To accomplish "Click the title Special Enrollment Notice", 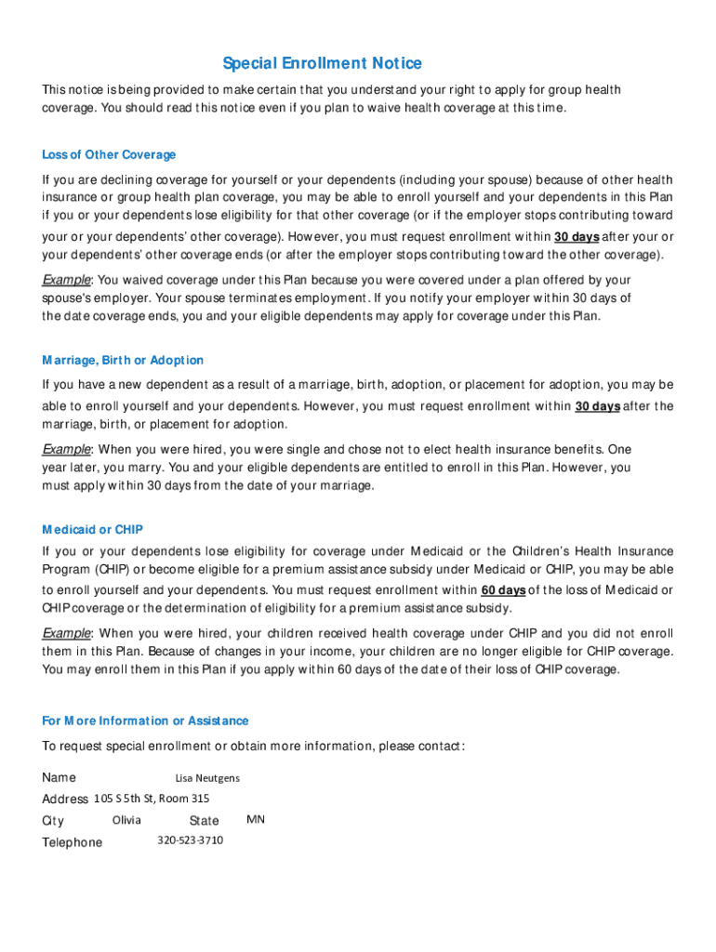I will pyautogui.click(x=322, y=63).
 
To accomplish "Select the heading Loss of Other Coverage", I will pyautogui.click(x=109, y=154).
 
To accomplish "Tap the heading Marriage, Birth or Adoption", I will pyautogui.click(x=123, y=360).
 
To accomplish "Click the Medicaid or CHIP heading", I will pyautogui.click(x=92, y=529).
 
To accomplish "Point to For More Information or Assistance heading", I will pyautogui.click(x=145, y=721).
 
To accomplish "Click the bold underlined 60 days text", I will pyautogui.click(x=503, y=590).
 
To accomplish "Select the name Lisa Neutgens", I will pyautogui.click(x=207, y=778).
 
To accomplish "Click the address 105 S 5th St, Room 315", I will pyautogui.click(x=152, y=799).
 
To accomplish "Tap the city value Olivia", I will pyautogui.click(x=126, y=820).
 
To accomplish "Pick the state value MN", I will pyautogui.click(x=256, y=820).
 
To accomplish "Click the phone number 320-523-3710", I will pyautogui.click(x=190, y=840).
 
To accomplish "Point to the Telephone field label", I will pyautogui.click(x=73, y=842).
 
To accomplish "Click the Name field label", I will pyautogui.click(x=59, y=778).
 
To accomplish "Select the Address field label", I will pyautogui.click(x=65, y=800).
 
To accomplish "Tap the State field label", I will pyautogui.click(x=204, y=821).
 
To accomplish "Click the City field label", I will pyautogui.click(x=53, y=821).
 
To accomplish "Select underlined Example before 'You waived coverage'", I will pyautogui.click(x=65, y=280).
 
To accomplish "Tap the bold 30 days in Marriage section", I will pyautogui.click(x=597, y=406).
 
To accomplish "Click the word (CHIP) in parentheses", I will pyautogui.click(x=113, y=570).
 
